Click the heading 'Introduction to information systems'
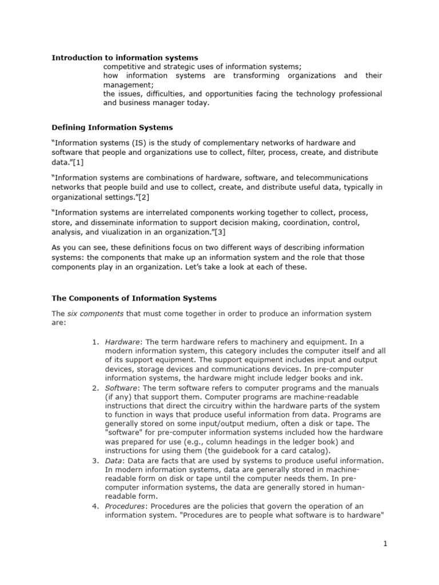point(125,58)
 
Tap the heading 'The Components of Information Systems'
point(134,298)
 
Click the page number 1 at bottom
point(386,544)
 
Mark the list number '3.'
point(96,460)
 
